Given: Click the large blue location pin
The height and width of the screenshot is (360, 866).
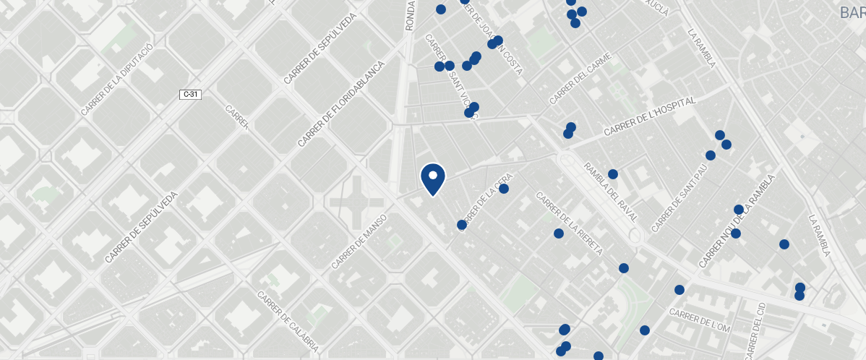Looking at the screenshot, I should tap(432, 178).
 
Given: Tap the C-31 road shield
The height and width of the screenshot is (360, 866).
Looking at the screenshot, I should tap(191, 94).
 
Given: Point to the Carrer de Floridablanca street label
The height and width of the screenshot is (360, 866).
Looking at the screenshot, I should tap(338, 105).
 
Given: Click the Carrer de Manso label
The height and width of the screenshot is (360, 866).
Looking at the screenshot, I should tap(359, 242).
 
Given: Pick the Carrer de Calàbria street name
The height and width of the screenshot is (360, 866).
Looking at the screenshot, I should tap(288, 322).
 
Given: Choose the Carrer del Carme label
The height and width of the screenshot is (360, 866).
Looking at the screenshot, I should tap(580, 78).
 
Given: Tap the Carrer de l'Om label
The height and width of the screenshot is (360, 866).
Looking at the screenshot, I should tap(700, 320).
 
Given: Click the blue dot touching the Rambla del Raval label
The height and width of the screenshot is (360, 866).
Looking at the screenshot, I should tap(613, 174).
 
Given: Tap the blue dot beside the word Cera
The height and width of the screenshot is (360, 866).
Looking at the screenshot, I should tap(504, 189).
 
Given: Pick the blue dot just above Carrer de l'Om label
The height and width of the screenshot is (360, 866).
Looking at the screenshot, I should tap(679, 290).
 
